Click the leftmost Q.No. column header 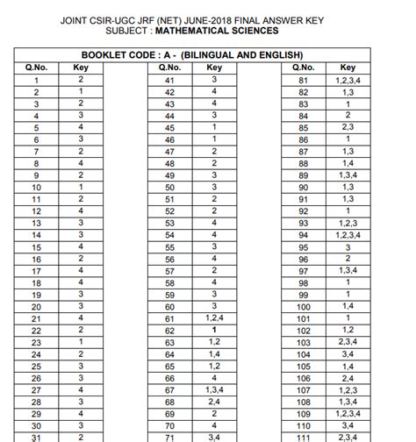37,68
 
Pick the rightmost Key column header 348,68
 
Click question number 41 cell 169,80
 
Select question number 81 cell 303,80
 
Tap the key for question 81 348,80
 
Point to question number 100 303,307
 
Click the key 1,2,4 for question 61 214,318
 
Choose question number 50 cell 169,187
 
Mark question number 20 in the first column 37,307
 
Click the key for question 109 348,413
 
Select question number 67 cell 169,389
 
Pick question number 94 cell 303,235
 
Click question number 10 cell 37,187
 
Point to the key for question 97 348,271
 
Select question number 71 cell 169,436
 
